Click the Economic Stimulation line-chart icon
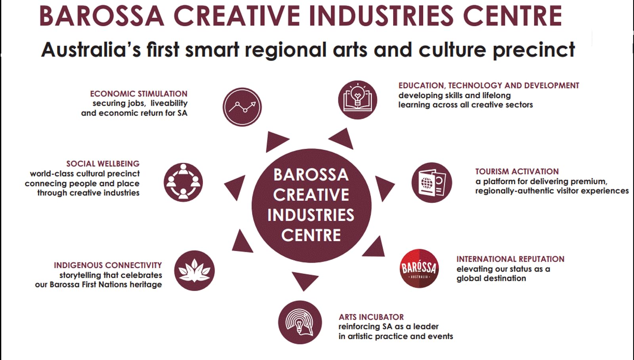[242, 107]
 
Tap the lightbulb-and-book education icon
[357, 100]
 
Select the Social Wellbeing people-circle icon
[183, 182]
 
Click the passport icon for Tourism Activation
[432, 183]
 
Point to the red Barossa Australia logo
[419, 269]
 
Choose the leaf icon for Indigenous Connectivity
[195, 270]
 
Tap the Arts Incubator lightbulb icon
[300, 322]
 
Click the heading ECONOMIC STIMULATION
[139, 93]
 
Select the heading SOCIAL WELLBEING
[103, 164]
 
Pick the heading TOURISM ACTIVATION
[517, 171]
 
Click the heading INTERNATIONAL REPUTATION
[510, 259]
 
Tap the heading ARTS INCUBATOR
[371, 317]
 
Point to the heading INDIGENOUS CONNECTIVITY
[108, 265]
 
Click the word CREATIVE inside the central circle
[311, 195]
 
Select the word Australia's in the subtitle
[91, 50]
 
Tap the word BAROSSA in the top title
[102, 16]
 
